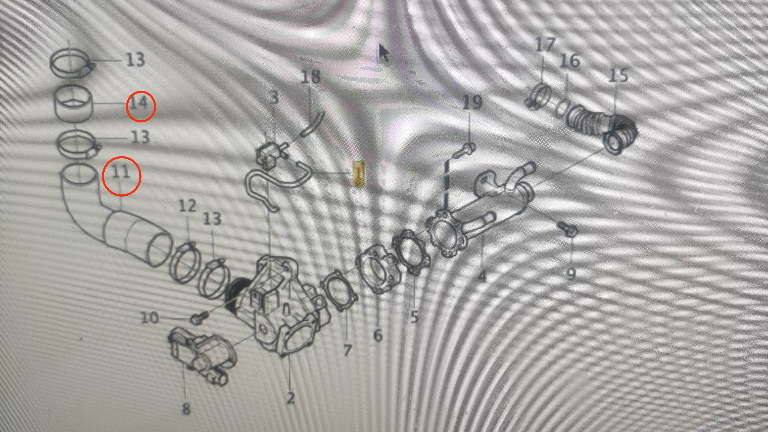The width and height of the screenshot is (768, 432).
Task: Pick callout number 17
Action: pos(545,45)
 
